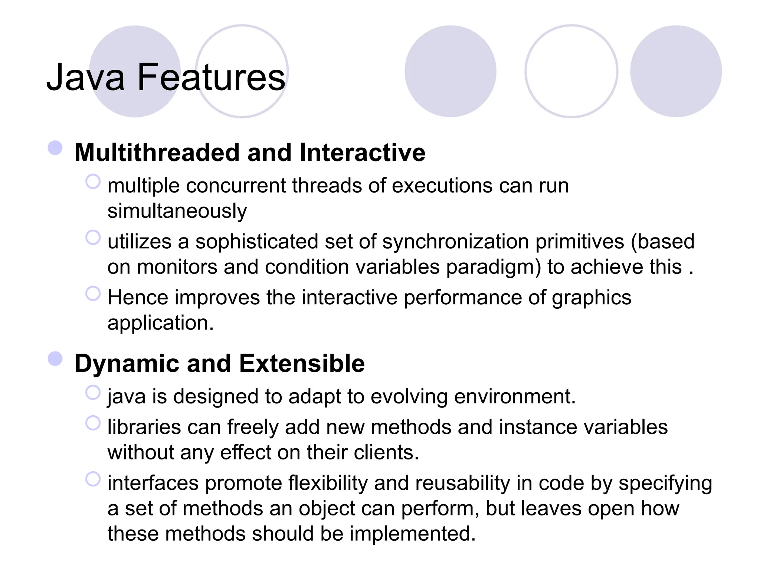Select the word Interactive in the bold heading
[x=362, y=153]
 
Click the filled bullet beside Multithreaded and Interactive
[x=55, y=148]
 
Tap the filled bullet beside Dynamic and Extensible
[x=55, y=358]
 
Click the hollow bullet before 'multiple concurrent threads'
[x=93, y=182]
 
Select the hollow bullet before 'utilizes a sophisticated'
[x=93, y=238]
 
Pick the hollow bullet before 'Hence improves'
[x=93, y=294]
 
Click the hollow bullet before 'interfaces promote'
[x=93, y=479]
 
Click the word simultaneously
[x=177, y=211]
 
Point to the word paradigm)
[x=493, y=267]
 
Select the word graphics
[x=592, y=298]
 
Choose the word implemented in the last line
[x=412, y=534]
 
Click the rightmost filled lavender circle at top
[x=676, y=71]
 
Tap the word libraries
[x=144, y=427]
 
